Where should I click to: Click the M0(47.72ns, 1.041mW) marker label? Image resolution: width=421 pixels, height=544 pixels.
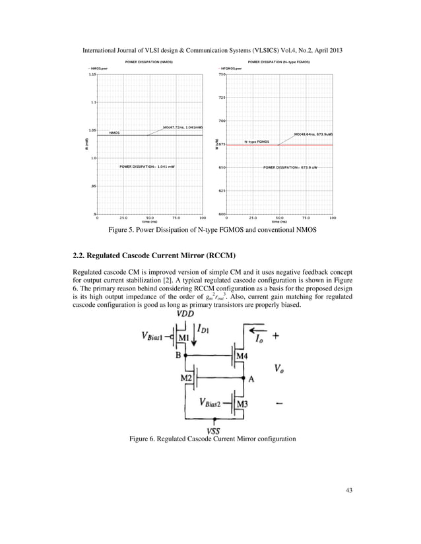click(183, 127)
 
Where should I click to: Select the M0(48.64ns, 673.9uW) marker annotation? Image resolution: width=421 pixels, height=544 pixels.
click(313, 134)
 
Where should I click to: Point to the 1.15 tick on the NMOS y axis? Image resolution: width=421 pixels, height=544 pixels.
click(93, 75)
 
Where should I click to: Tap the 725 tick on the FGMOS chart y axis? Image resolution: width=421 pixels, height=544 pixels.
click(222, 98)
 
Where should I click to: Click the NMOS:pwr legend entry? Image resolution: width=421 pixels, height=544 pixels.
click(98, 68)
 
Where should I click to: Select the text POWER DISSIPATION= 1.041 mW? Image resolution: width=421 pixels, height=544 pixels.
click(146, 167)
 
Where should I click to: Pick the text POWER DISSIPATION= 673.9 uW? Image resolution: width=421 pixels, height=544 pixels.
click(290, 167)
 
